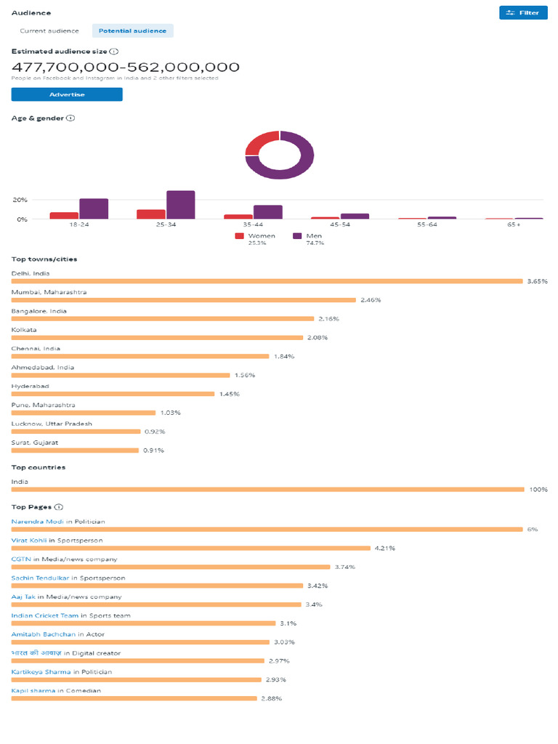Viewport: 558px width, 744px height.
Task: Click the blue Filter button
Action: click(523, 12)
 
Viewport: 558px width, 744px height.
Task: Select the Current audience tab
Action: click(49, 31)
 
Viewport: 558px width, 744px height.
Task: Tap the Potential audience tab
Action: click(133, 31)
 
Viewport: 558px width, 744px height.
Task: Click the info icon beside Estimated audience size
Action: click(115, 52)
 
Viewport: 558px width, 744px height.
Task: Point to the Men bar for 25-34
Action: click(180, 205)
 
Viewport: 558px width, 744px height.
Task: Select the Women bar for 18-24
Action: click(64, 215)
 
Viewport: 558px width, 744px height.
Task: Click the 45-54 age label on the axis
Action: click(340, 225)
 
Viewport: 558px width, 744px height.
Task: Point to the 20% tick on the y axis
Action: click(20, 200)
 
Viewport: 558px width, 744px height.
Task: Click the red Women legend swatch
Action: click(239, 236)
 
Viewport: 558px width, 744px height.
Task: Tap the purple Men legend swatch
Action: click(297, 236)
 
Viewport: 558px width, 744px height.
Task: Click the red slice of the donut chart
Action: click(262, 142)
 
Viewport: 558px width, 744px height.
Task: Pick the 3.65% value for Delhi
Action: click(537, 281)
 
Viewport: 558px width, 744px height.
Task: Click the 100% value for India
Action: click(538, 490)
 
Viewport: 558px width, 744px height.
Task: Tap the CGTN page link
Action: click(20, 559)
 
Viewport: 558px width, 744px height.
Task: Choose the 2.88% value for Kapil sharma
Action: click(271, 698)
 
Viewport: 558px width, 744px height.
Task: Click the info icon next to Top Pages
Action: click(59, 507)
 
